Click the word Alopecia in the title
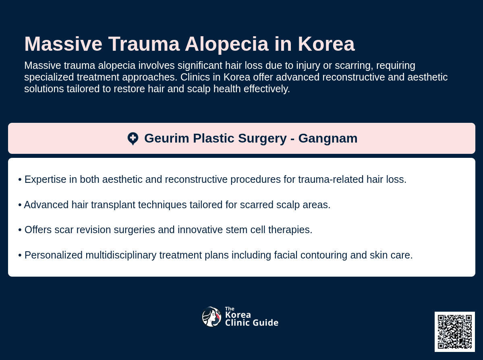coord(227,44)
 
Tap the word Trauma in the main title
coord(144,44)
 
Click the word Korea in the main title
coord(326,44)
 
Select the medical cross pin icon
coord(133,139)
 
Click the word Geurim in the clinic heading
coord(167,138)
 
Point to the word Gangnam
coord(328,139)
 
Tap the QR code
coord(455,332)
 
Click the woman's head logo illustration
coord(211,317)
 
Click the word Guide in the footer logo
coord(266,323)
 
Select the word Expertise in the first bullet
coord(45,180)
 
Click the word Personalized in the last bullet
coord(53,255)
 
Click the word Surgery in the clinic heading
coord(262,139)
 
